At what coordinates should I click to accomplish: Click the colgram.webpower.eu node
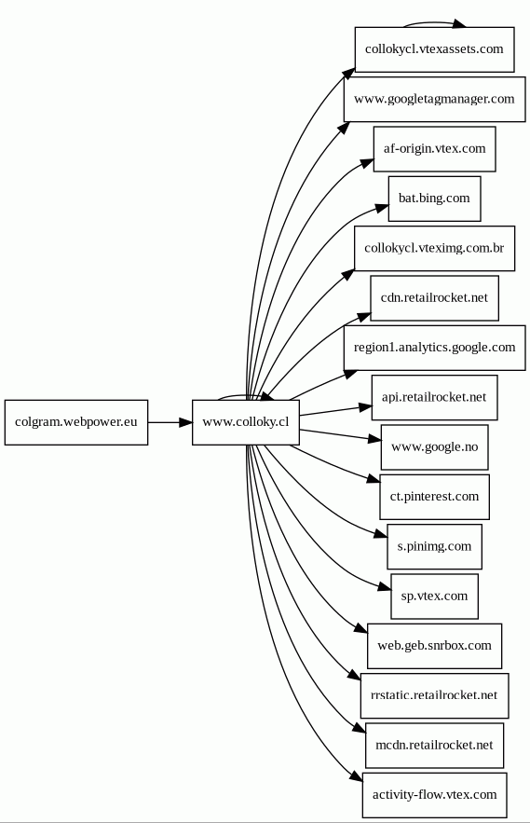point(76,422)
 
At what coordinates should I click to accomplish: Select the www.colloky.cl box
point(246,422)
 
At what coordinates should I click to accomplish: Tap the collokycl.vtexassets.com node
point(434,49)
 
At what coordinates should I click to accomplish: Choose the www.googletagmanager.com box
point(434,99)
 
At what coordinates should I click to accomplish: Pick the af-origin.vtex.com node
point(434,148)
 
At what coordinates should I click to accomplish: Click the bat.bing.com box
point(434,199)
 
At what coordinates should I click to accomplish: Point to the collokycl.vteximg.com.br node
point(434,248)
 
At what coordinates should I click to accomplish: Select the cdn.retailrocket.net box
point(434,298)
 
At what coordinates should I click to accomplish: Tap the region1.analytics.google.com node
point(434,348)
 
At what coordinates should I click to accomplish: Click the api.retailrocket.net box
point(434,397)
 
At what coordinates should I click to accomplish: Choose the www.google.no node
point(434,447)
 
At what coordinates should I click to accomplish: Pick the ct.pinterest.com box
point(434,497)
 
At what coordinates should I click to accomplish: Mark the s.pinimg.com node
point(434,546)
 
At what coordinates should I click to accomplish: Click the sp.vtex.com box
point(434,597)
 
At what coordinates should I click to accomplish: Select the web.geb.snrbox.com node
point(434,646)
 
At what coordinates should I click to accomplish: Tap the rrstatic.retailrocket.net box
point(434,695)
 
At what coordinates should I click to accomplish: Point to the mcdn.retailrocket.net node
point(434,746)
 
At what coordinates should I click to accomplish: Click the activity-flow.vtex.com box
point(434,795)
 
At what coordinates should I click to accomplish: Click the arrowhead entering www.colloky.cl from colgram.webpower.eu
point(185,422)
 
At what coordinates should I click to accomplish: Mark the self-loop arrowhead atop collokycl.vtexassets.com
point(458,23)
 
